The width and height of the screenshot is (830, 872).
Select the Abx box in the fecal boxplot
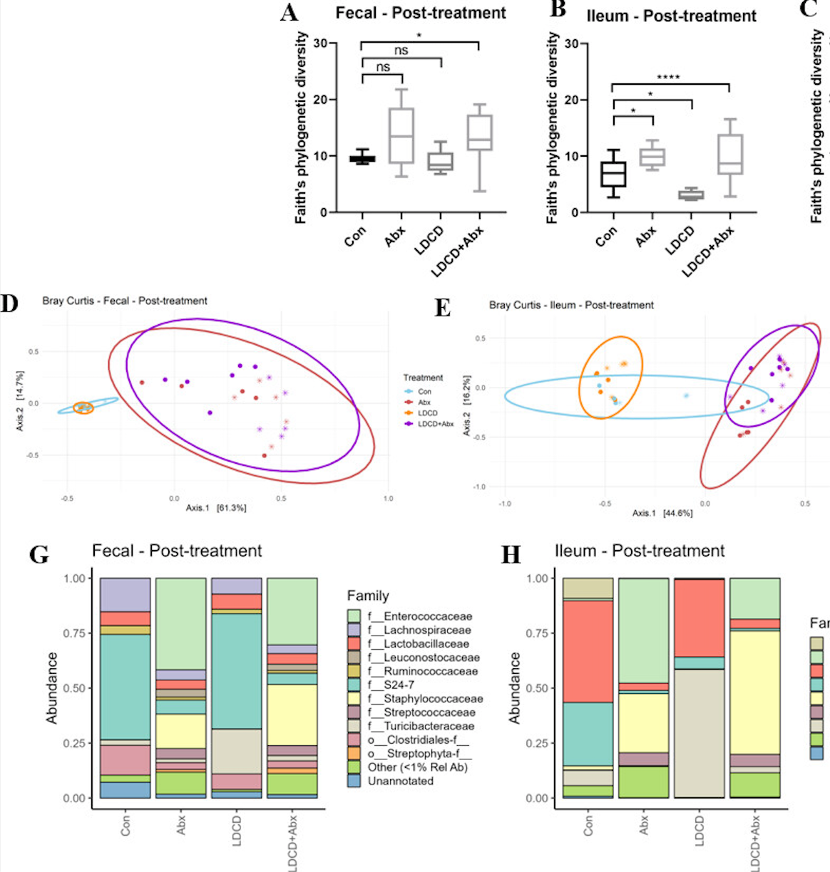coord(402,135)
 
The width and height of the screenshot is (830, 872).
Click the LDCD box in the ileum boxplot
coord(691,194)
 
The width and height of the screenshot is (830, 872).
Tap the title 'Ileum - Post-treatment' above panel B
coord(671,16)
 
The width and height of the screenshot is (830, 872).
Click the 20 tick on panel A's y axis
coord(320,100)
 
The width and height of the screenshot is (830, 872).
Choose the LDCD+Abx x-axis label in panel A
coord(458,251)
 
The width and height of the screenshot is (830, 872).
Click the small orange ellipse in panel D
coord(83,408)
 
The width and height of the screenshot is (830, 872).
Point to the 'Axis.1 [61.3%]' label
coord(216,508)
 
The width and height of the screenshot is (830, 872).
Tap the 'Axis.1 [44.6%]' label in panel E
coord(662,513)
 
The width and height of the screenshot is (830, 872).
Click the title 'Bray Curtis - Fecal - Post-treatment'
coord(125,301)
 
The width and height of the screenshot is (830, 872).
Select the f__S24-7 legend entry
coord(390,685)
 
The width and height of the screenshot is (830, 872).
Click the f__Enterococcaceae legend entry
coord(419,616)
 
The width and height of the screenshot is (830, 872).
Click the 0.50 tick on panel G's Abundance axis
coord(74,688)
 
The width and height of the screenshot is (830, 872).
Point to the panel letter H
coord(511,554)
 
